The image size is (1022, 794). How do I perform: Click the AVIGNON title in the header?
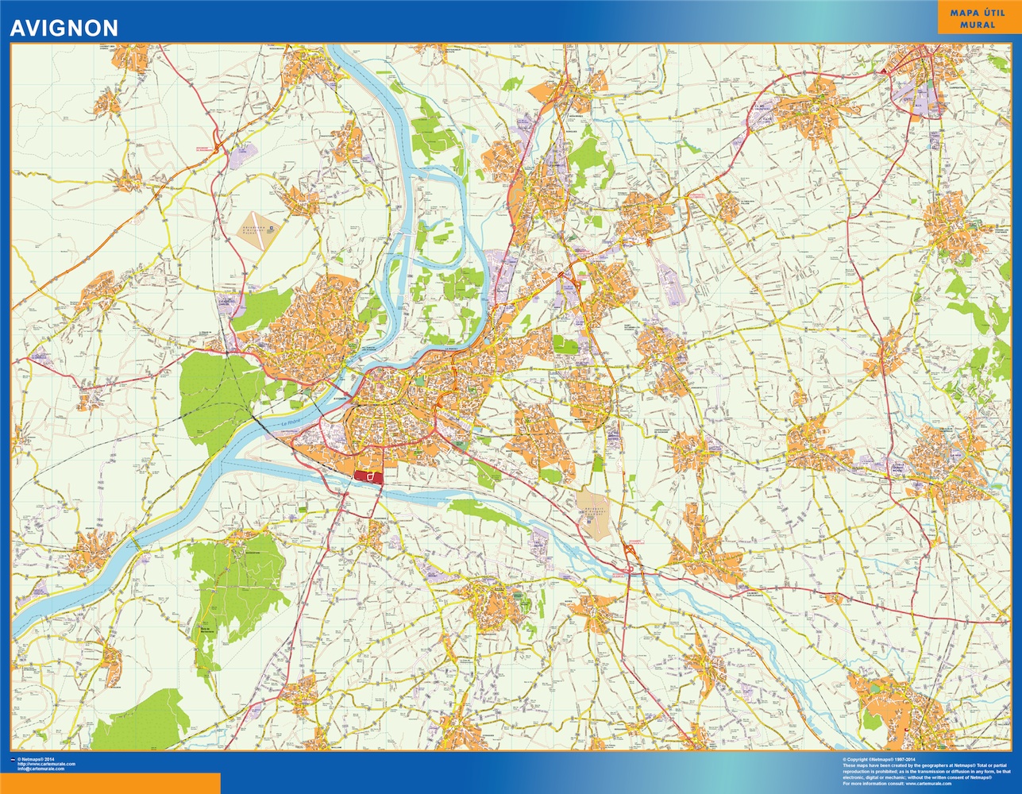coord(64,28)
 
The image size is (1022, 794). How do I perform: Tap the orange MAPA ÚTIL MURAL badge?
coord(978,18)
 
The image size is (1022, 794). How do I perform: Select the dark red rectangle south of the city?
coord(368,476)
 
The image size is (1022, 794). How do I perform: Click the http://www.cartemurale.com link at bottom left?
coord(51,764)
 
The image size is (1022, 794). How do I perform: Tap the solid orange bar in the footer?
coord(110,783)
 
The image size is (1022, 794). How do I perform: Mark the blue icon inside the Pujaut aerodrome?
coord(270,227)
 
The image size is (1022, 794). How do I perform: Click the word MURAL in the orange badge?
coord(978,25)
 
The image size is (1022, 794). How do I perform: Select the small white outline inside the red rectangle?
coord(370,476)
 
